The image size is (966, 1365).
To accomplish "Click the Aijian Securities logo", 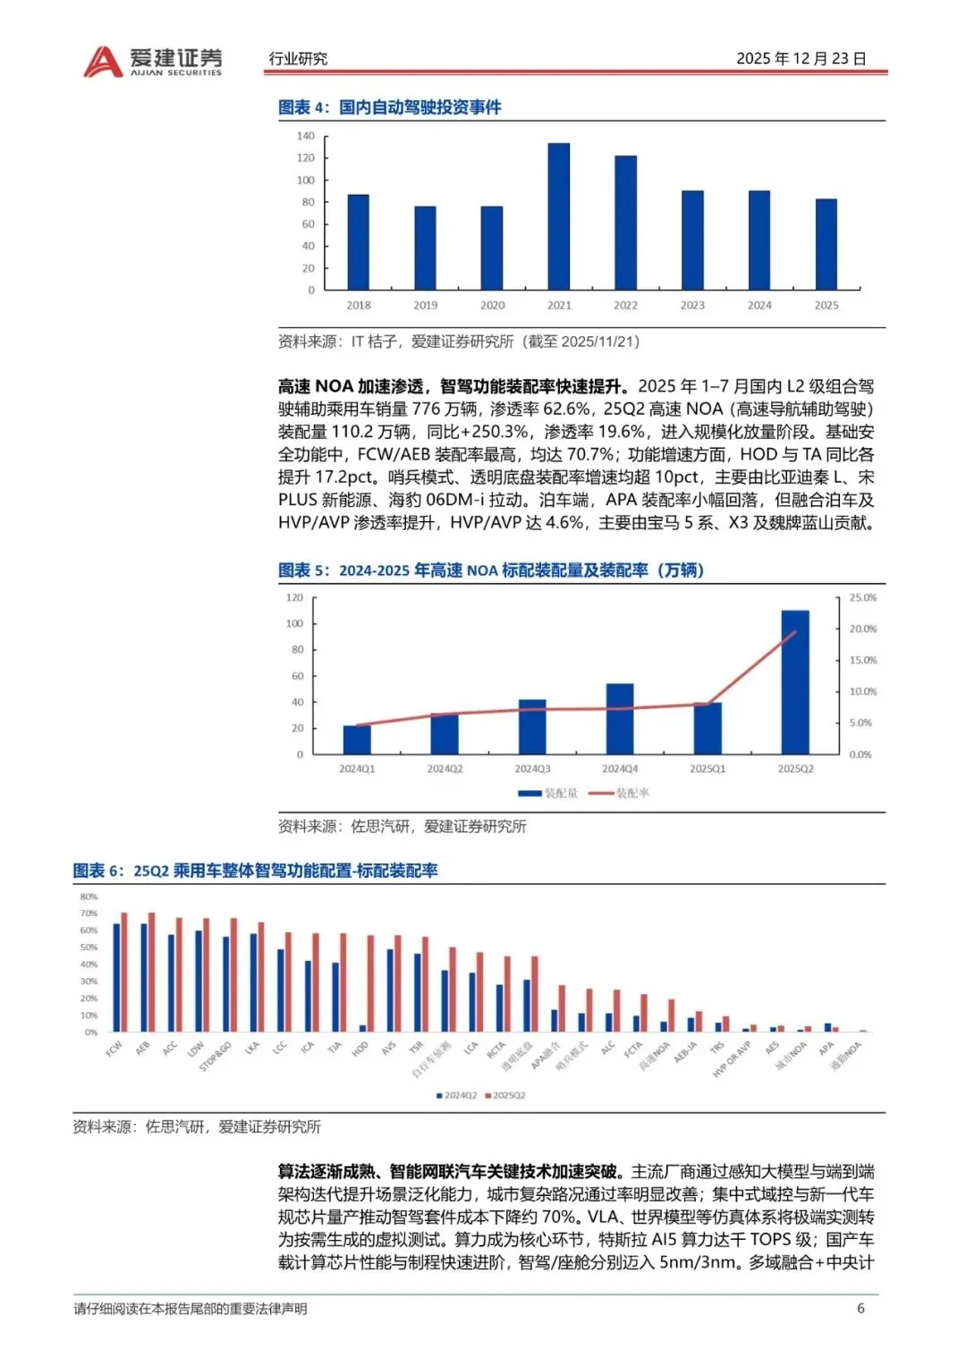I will tap(152, 60).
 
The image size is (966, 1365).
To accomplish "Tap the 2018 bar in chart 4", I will tap(358, 241).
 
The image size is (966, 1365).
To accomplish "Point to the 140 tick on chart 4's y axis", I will tap(306, 136).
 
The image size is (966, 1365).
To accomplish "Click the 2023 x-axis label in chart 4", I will tap(692, 306).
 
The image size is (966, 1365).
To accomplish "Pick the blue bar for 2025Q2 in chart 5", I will tap(795, 682).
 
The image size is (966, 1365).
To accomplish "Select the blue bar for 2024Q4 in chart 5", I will tap(620, 719).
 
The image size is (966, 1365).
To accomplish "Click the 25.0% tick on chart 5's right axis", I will tap(863, 597).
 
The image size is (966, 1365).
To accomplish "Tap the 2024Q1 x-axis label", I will tap(357, 769).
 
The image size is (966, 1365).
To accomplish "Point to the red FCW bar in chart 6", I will tap(124, 972).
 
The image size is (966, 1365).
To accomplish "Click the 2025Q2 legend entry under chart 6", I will tap(505, 1095).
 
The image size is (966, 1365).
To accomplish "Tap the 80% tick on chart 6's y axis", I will tap(89, 897).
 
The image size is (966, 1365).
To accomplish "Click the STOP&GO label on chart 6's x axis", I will tap(216, 1056).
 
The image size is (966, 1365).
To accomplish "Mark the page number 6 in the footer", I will tap(860, 1309).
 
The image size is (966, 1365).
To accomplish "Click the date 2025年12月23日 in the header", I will tap(801, 59).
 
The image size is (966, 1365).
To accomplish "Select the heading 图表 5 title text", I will tap(491, 570).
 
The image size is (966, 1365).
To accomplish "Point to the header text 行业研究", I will tap(298, 59).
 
